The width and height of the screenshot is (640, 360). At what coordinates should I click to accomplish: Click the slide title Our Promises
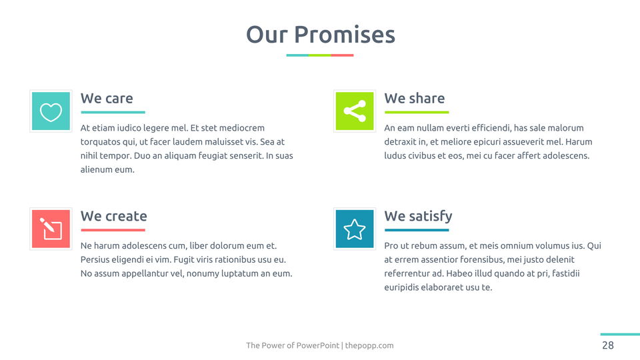pyautogui.click(x=321, y=34)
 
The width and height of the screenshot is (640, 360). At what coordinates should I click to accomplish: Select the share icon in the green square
pyautogui.click(x=355, y=111)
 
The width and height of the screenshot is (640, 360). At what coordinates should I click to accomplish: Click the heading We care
pyautogui.click(x=107, y=99)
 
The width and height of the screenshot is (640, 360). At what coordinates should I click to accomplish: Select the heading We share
pyautogui.click(x=414, y=99)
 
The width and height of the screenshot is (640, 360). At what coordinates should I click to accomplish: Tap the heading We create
pyautogui.click(x=113, y=216)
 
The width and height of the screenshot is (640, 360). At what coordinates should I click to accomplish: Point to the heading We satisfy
pyautogui.click(x=418, y=216)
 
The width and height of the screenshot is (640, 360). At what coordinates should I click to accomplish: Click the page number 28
pyautogui.click(x=608, y=345)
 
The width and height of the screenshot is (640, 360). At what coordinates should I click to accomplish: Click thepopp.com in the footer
pyautogui.click(x=369, y=345)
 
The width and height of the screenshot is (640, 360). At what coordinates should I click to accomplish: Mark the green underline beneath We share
pyautogui.click(x=417, y=112)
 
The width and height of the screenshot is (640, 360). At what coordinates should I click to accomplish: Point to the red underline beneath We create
pyautogui.click(x=113, y=230)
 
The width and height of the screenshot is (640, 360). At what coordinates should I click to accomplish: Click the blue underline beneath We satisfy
pyautogui.click(x=417, y=230)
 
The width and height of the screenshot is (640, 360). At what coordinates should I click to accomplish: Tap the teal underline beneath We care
pyautogui.click(x=113, y=112)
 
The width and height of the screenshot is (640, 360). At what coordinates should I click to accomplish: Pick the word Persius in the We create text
pyautogui.click(x=95, y=259)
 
